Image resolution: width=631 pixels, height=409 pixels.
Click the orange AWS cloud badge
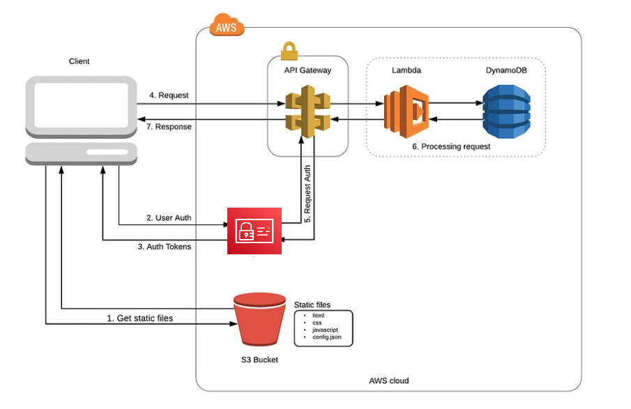[x=226, y=28]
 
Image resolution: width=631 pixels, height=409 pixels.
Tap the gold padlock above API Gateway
[x=288, y=51]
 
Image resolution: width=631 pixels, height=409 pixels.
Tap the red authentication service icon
[x=254, y=230]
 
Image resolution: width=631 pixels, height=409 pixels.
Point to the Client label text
[x=79, y=61]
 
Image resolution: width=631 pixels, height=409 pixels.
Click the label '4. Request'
[x=169, y=95]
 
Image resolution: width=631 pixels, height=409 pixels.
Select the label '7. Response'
[x=169, y=127]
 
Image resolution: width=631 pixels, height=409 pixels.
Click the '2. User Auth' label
[x=169, y=218]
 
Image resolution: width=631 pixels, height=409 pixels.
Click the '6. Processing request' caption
[x=451, y=146]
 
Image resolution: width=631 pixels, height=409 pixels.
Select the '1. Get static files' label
[x=139, y=318]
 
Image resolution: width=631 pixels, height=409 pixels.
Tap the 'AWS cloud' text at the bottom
[x=388, y=380]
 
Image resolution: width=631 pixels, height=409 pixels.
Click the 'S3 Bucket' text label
[x=259, y=360]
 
